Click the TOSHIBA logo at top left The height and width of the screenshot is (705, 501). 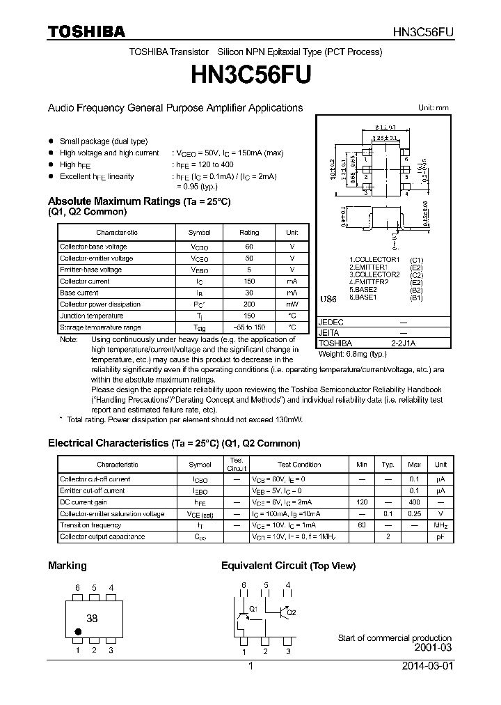(86, 31)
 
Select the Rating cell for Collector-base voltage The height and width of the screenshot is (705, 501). (249, 247)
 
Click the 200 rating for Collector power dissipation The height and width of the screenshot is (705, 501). (249, 304)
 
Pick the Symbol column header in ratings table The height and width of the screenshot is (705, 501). (199, 232)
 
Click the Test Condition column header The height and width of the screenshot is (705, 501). (299, 464)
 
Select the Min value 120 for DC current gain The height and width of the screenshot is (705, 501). (362, 502)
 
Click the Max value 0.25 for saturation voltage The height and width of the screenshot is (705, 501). (414, 513)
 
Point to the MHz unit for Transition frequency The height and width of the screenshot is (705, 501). (440, 525)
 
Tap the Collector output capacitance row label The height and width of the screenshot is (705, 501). (102, 536)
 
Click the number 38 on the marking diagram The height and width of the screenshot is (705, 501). (91, 618)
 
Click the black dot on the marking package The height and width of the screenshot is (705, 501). (78, 632)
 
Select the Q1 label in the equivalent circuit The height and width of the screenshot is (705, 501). (253, 608)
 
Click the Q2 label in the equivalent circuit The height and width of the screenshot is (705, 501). (291, 612)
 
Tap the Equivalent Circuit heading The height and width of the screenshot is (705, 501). (288, 566)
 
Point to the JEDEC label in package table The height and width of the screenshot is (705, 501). (331, 323)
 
